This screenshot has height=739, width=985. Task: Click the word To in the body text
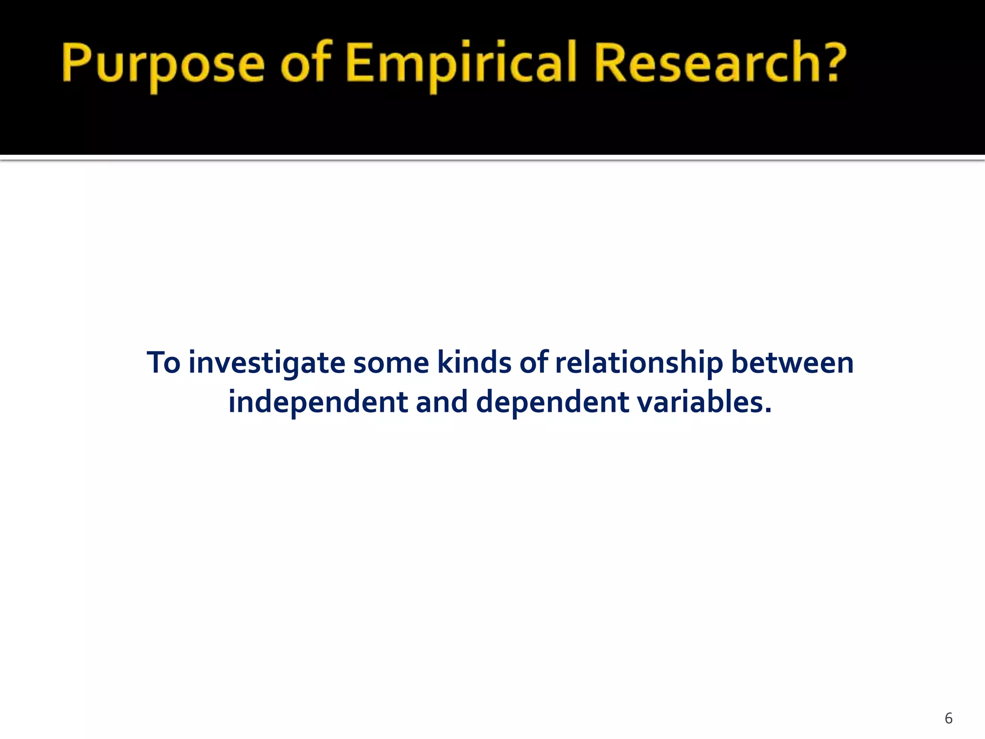164,363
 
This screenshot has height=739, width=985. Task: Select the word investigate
266,364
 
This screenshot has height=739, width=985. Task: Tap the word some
391,363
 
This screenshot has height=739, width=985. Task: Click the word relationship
639,364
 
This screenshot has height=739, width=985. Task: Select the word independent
318,403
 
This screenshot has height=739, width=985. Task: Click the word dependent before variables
552,403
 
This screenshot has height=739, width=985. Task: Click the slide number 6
948,718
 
